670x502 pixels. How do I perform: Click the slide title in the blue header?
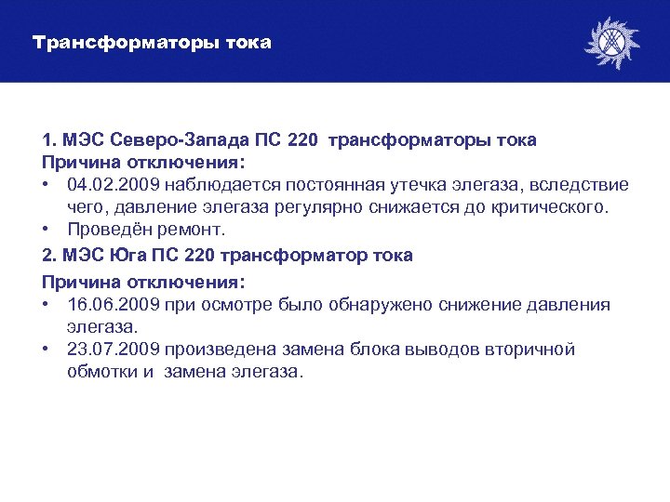[x=152, y=43]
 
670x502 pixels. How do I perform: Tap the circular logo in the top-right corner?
[x=611, y=43]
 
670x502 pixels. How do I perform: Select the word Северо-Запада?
[x=181, y=140]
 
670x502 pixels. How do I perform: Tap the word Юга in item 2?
[x=134, y=256]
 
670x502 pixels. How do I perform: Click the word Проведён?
[x=114, y=230]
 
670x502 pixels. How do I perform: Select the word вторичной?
[x=529, y=350]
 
